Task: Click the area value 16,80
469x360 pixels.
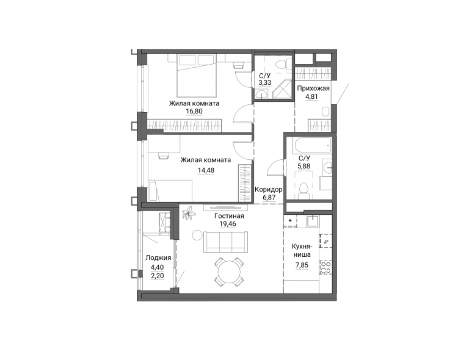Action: pyautogui.click(x=194, y=112)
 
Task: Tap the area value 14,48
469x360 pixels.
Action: pyautogui.click(x=206, y=170)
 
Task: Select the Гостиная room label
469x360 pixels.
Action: pyautogui.click(x=229, y=216)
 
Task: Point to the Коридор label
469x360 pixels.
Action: pyautogui.click(x=268, y=189)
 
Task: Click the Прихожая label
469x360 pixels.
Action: pyautogui.click(x=313, y=88)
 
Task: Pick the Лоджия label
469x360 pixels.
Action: pyautogui.click(x=158, y=258)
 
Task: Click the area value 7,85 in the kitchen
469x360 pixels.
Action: pyautogui.click(x=302, y=265)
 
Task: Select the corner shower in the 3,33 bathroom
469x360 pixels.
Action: pyautogui.click(x=283, y=88)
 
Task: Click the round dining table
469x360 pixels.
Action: pyautogui.click(x=229, y=272)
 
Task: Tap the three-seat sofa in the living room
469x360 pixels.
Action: pyautogui.click(x=225, y=242)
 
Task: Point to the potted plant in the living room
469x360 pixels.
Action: pyautogui.click(x=189, y=214)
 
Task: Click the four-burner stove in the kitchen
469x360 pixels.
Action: pyautogui.click(x=325, y=268)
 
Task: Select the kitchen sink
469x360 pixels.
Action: pyautogui.click(x=313, y=220)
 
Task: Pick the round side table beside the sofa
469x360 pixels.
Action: pyautogui.click(x=197, y=235)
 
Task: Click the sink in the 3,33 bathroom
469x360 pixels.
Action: pyautogui.click(x=263, y=95)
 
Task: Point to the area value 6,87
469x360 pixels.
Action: pyautogui.click(x=269, y=198)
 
